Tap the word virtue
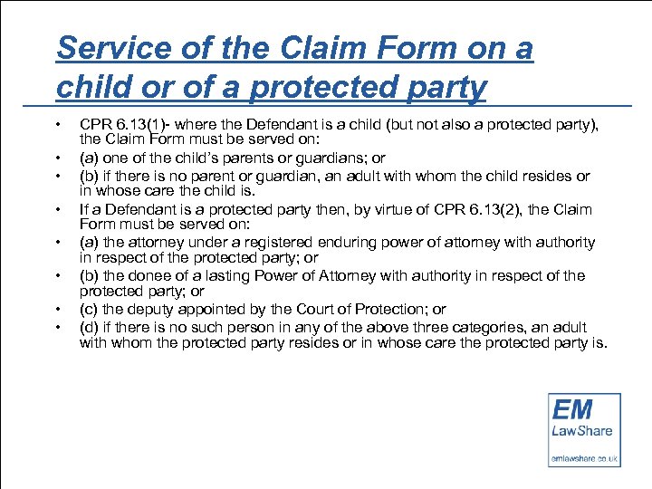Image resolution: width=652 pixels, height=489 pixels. point(383,209)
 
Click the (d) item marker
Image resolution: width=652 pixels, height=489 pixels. point(89,327)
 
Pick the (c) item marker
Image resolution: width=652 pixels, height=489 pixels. point(89,309)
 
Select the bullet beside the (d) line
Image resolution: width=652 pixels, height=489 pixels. point(59,327)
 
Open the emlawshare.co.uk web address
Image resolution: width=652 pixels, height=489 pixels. point(585,459)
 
